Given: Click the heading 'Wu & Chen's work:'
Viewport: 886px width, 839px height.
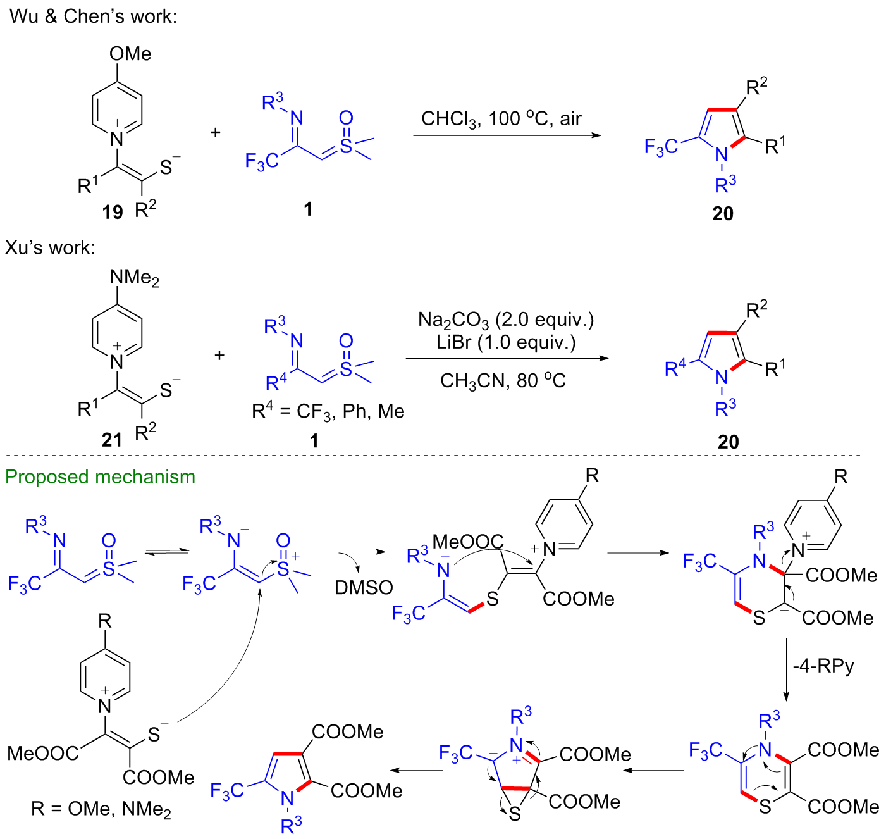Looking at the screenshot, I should pos(94,16).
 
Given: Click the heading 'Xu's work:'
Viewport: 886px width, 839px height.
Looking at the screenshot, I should pos(51,247).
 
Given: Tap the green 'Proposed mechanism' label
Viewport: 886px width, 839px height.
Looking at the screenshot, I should pos(101,476).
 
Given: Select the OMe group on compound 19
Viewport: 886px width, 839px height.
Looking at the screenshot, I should pos(130,54).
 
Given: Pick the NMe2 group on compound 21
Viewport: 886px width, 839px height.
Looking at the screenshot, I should pos(134,278).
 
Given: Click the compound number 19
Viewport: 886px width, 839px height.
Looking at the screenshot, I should pos(113,212).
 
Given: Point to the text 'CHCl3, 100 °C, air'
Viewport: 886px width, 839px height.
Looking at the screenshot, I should pos(501,119).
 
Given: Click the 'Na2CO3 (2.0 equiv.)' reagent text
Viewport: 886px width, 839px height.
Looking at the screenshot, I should pos(506,320).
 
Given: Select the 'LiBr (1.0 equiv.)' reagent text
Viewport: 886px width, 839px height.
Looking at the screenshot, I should pos(506,342).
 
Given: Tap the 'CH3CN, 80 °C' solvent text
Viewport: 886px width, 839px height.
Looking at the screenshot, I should pos(503,381).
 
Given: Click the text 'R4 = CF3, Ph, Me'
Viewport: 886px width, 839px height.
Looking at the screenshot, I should pos(328,412).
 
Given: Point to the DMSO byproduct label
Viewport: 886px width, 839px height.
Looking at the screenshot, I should pos(364,588).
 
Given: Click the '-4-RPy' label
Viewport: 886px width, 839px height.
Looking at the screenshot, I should pos(823,666).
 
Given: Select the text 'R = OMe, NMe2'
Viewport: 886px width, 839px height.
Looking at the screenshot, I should pos(101,809).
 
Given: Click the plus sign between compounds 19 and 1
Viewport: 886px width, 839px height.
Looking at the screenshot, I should pos(216,132).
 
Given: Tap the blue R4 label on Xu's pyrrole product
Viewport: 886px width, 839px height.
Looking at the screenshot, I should pos(675,368).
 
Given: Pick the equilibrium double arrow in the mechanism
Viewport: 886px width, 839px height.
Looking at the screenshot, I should pos(167,552).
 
